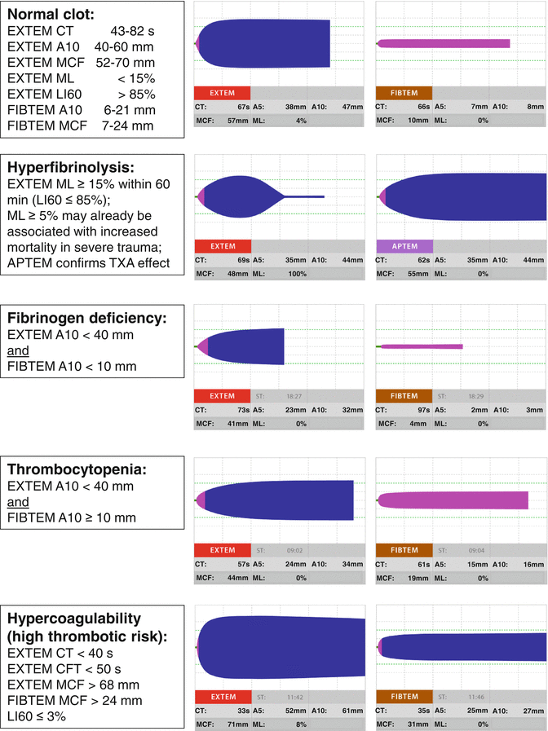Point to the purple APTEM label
(404, 245)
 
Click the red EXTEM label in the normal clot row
(223, 93)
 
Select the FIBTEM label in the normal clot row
(404, 93)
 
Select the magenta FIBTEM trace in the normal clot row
(444, 43)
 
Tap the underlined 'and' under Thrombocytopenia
(19, 502)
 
